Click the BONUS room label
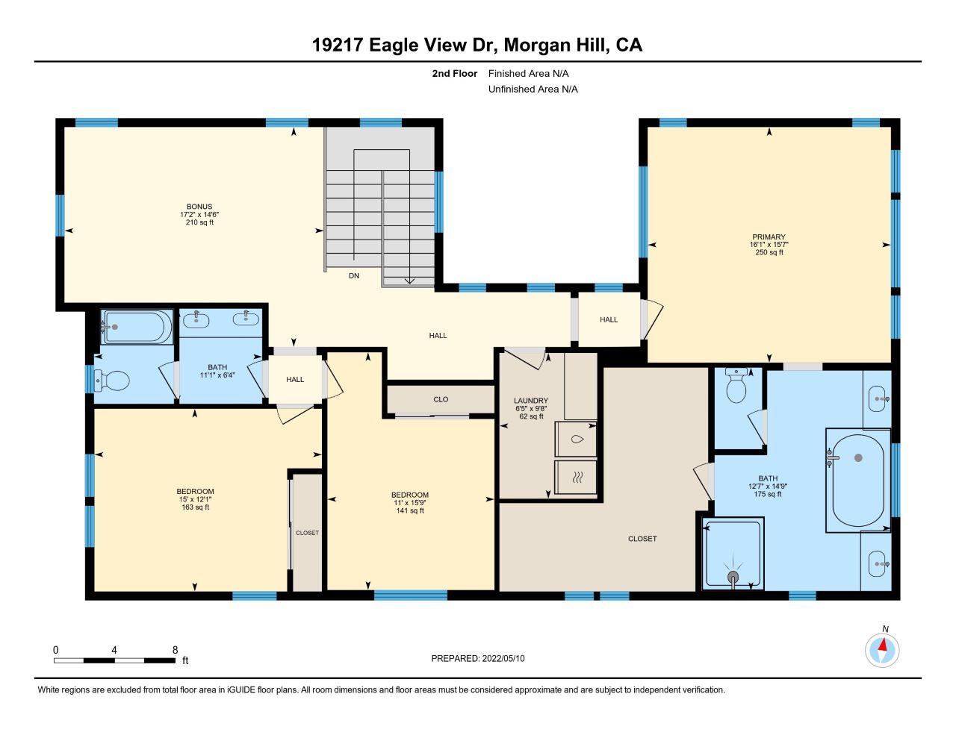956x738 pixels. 199,207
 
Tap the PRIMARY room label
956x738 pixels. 769,237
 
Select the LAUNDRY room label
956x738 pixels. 531,401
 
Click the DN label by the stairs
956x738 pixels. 354,275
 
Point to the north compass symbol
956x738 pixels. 882,650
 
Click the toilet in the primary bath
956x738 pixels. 736,386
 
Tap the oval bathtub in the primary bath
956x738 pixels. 858,481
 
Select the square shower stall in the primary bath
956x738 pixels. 733,553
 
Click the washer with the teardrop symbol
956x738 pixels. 576,439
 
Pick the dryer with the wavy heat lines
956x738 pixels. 576,478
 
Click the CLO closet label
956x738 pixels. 441,399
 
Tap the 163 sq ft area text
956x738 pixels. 196,507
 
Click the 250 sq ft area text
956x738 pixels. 769,252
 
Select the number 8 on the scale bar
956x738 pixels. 175,650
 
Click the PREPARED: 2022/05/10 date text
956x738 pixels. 478,658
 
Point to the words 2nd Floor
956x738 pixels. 454,73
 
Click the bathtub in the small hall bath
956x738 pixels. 137,327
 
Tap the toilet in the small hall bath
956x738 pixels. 112,381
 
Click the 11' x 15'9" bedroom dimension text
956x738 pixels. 409,503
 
